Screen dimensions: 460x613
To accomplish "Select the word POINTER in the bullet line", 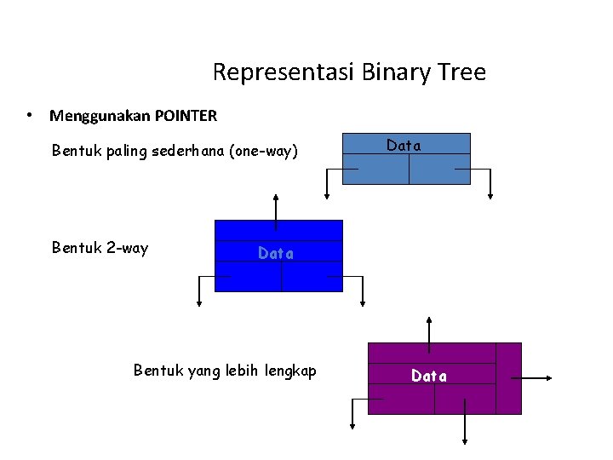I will tap(186, 115).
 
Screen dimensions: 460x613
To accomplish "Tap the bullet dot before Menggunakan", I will tap(30, 114).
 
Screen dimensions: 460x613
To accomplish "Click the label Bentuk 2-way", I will tap(100, 248).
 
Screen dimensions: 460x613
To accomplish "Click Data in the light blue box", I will tap(404, 146).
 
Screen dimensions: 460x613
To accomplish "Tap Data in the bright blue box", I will tap(276, 253).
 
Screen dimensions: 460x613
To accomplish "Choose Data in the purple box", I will tap(429, 376).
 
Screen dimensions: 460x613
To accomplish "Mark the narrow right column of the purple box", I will tap(508, 378).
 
